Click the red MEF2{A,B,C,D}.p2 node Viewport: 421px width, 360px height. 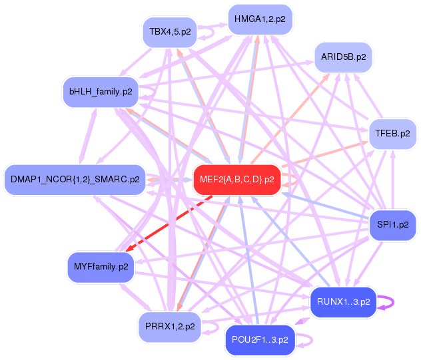tap(236, 180)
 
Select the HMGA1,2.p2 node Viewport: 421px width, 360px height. tap(260, 19)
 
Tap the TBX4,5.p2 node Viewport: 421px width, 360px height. tap(170, 32)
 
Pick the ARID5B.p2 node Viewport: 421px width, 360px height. tap(343, 57)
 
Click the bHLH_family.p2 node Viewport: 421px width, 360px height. tap(100, 91)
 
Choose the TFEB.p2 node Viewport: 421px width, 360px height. tap(392, 133)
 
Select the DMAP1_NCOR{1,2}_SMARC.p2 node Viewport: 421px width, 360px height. tap(75, 180)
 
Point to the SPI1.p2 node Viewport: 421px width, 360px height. tap(392, 224)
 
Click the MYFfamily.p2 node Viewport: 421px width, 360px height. tap(100, 267)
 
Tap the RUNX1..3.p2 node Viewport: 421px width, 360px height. tap(343, 302)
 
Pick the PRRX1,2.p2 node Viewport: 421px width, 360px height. tap(170, 326)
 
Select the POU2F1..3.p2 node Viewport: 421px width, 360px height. tap(260, 339)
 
